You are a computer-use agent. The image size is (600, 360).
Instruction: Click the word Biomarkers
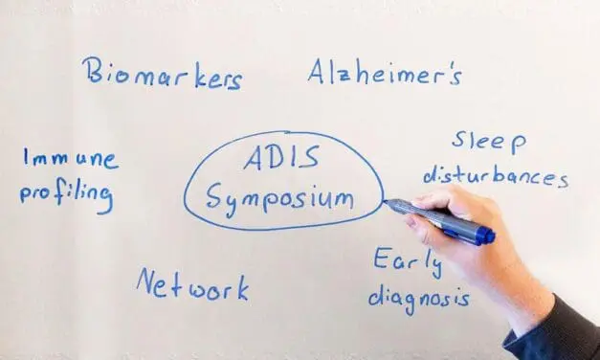click(161, 75)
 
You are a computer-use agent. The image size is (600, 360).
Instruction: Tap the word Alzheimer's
click(386, 71)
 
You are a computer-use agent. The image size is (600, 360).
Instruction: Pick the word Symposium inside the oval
click(281, 198)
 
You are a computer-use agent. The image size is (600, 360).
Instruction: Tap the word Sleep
click(489, 144)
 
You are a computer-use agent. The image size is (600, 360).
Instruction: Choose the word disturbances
click(496, 176)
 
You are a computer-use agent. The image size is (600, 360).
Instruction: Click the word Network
click(191, 285)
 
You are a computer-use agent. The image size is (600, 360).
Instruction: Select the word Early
click(406, 261)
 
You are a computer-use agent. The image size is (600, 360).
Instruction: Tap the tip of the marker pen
click(387, 202)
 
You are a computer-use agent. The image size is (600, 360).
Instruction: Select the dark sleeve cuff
click(560, 335)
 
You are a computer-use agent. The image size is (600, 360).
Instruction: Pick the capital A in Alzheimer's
click(320, 71)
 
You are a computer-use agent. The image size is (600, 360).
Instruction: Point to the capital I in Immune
click(28, 158)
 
